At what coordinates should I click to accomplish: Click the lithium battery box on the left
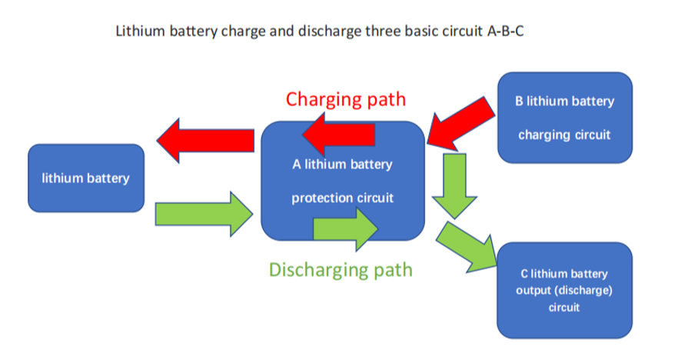tap(86, 178)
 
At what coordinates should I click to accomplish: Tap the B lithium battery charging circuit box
tap(565, 118)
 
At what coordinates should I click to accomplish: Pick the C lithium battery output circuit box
tap(565, 290)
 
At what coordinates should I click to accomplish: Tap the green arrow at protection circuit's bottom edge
tap(345, 228)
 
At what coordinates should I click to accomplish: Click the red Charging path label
tap(346, 99)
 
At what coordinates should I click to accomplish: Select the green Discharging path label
tap(341, 270)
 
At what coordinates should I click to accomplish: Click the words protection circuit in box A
tap(343, 198)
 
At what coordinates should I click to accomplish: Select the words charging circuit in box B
tap(565, 135)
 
